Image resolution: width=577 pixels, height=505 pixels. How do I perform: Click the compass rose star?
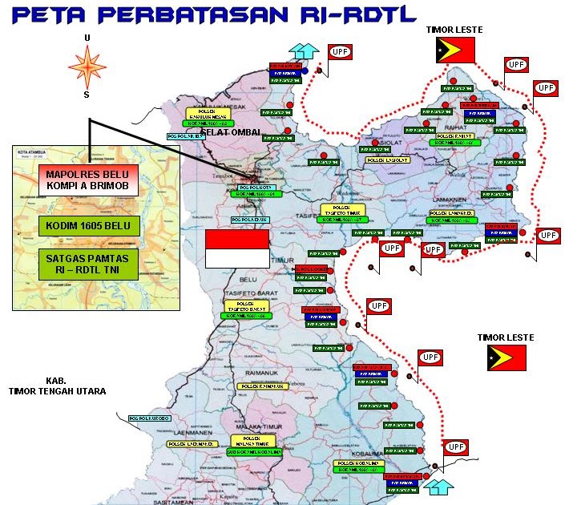[x=87, y=67]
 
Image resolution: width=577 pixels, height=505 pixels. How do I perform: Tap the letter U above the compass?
[x=87, y=38]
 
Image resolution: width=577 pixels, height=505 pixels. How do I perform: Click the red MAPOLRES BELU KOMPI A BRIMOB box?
[x=89, y=181]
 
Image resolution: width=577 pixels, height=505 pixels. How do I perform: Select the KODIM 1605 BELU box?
[x=89, y=224]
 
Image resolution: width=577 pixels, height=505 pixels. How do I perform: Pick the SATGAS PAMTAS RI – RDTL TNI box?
[x=89, y=265]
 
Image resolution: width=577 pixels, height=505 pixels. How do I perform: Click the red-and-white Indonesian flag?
[x=236, y=248]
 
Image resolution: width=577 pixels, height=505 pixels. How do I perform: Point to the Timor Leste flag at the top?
[x=455, y=50]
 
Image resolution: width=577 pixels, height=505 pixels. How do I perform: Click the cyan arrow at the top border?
[x=302, y=49]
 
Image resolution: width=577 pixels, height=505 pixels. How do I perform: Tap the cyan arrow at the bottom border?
[x=438, y=485]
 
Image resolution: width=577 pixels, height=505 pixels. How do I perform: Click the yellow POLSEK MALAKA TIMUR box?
[x=252, y=441]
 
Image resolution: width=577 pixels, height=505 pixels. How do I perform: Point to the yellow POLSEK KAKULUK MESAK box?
[x=206, y=115]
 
